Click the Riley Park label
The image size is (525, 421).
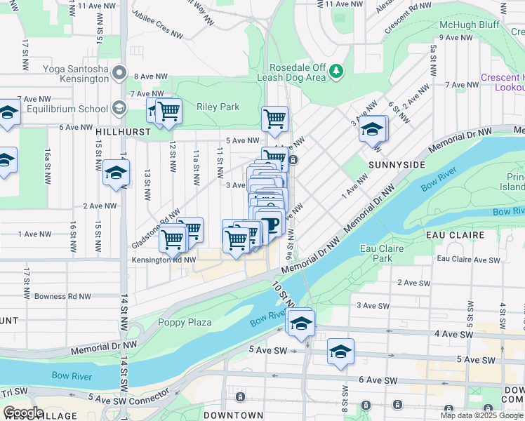point(218,107)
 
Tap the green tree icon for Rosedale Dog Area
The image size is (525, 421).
point(337,71)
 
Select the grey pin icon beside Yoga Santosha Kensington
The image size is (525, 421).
point(119,72)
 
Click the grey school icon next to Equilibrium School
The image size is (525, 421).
point(118,108)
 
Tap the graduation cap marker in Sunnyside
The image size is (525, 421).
point(373,129)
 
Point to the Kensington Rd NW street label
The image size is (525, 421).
point(164,260)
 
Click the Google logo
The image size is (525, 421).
point(22,413)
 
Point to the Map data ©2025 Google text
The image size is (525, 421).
point(481,415)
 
